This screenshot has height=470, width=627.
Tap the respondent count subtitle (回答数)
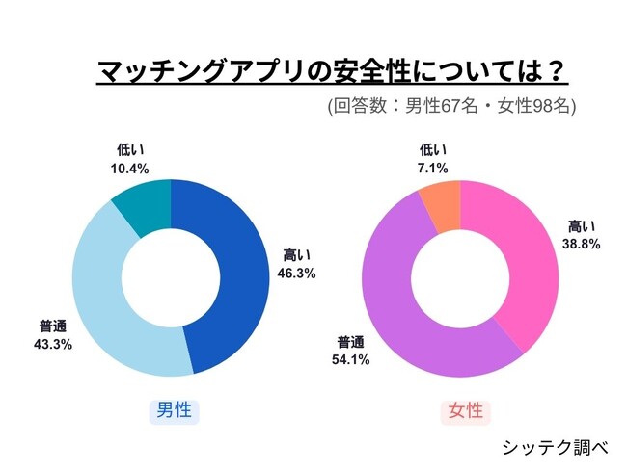[451, 107]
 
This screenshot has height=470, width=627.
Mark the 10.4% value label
[130, 167]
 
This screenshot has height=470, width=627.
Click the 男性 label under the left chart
[174, 411]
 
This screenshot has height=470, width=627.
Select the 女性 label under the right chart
[465, 411]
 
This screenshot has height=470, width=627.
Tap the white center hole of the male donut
[171, 278]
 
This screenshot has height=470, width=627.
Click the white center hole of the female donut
[461, 278]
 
